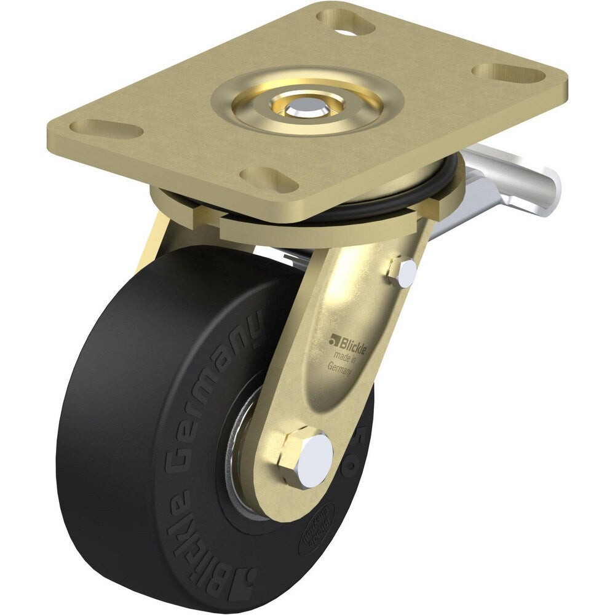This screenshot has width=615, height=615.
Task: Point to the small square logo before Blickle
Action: [334, 338]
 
